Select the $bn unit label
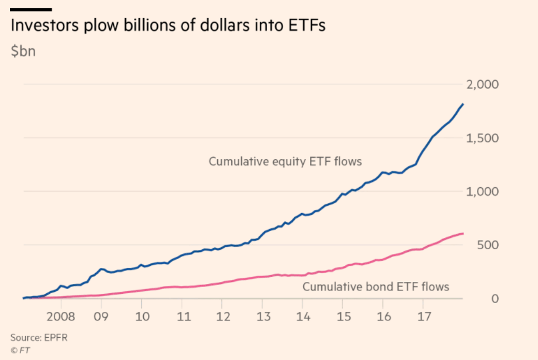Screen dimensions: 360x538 click(23, 52)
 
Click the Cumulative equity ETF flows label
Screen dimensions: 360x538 click(285, 161)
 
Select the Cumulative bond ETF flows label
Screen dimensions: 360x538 click(376, 286)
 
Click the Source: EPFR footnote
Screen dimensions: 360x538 click(39, 337)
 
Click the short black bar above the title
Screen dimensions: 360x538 click(31, 9)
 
